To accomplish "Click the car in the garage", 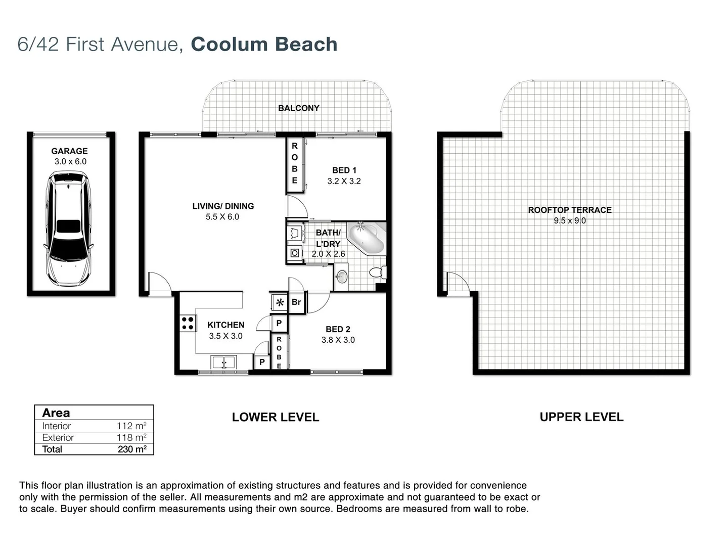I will click(69, 229).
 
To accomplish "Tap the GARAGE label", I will click(69, 151).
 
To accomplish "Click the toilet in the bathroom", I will click(377, 272).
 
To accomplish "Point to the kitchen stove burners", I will click(188, 323).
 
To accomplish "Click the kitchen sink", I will click(224, 362).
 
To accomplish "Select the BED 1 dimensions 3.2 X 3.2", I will click(344, 181).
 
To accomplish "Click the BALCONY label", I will click(299, 108).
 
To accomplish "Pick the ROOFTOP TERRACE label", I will click(570, 210).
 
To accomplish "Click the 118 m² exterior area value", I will click(131, 437).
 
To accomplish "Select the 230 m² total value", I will click(132, 449).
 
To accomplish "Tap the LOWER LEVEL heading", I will click(276, 417).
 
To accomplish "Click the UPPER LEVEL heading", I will click(581, 417).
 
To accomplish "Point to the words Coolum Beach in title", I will click(264, 44).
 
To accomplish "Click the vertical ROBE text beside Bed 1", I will click(295, 163).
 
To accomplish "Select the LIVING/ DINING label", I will click(223, 206).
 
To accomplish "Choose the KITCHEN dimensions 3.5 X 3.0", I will click(225, 336).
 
